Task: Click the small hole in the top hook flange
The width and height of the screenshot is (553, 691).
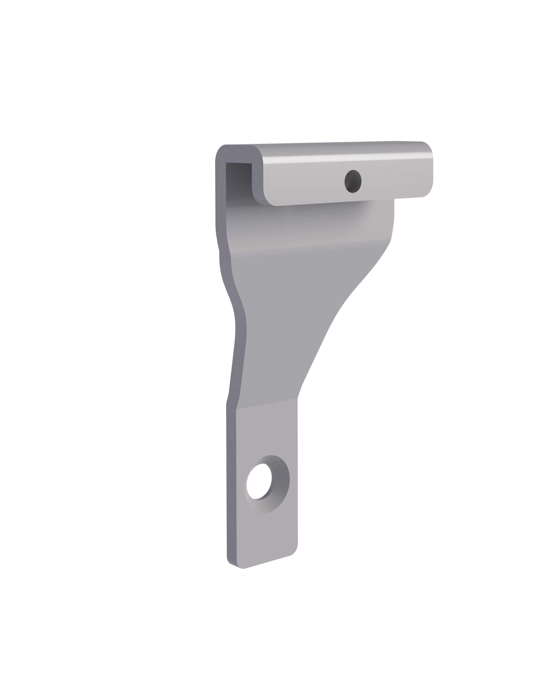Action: [353, 181]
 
